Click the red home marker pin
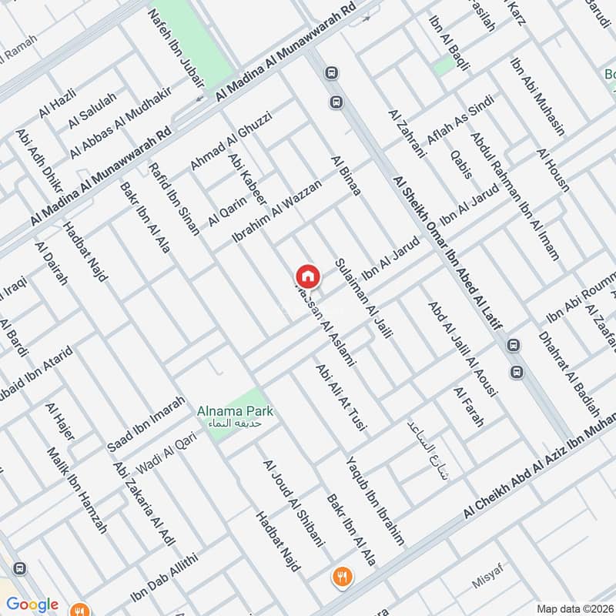coord(306,276)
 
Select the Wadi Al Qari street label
coord(167,453)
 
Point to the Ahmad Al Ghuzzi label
coord(230,142)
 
